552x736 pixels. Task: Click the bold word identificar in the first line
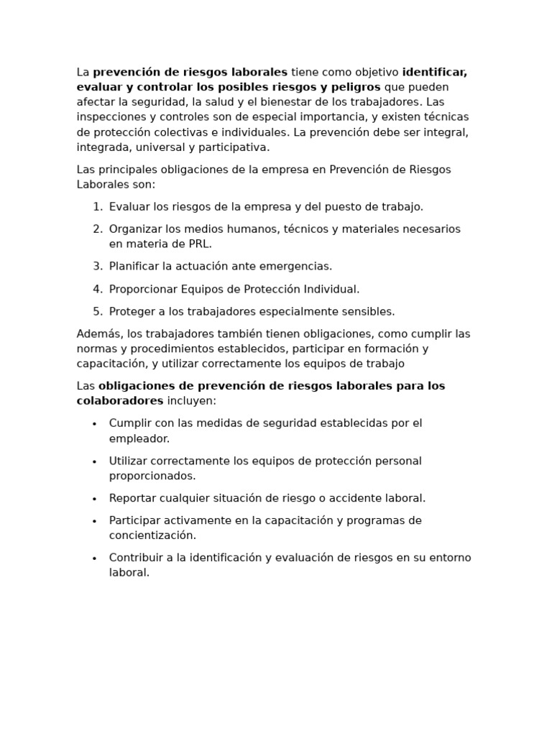pos(435,72)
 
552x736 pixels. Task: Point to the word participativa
pos(232,147)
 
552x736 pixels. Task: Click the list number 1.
pos(97,207)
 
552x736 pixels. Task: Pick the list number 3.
pos(97,267)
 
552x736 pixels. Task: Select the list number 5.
pos(97,312)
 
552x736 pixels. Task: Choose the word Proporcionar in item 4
pos(144,290)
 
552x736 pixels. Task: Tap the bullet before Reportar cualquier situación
pos(94,499)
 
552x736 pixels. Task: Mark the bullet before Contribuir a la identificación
pos(94,558)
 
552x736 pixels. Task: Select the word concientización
pos(152,535)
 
